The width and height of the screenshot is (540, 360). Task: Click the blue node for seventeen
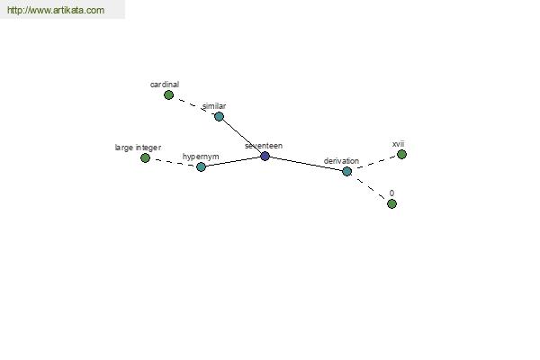[x=265, y=156]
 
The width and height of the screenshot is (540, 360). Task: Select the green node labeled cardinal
[x=168, y=94]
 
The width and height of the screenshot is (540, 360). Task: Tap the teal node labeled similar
[x=219, y=116]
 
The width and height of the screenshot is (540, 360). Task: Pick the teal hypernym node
[x=201, y=167]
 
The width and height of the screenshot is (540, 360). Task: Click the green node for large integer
[x=145, y=158]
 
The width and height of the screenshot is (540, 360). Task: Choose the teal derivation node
[x=346, y=171]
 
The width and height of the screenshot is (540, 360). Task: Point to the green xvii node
[x=401, y=154]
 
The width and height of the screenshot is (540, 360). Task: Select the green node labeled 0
[x=391, y=204]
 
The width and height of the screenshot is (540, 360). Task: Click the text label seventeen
[x=264, y=146]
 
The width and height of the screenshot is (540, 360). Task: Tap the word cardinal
[x=165, y=85]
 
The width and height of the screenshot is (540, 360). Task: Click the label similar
[x=214, y=106]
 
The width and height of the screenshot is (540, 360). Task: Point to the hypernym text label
[x=201, y=157]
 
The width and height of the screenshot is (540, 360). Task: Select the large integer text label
[x=138, y=148]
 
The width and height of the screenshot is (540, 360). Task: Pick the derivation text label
[x=341, y=161]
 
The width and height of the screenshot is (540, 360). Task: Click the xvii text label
[x=398, y=144]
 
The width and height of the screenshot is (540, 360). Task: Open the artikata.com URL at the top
[x=56, y=10]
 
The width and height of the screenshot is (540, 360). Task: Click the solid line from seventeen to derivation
[x=306, y=164]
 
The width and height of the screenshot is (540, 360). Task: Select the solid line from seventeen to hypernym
[x=233, y=162]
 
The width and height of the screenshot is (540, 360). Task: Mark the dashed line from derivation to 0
[x=371, y=189]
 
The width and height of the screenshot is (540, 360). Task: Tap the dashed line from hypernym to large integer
[x=173, y=163]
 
